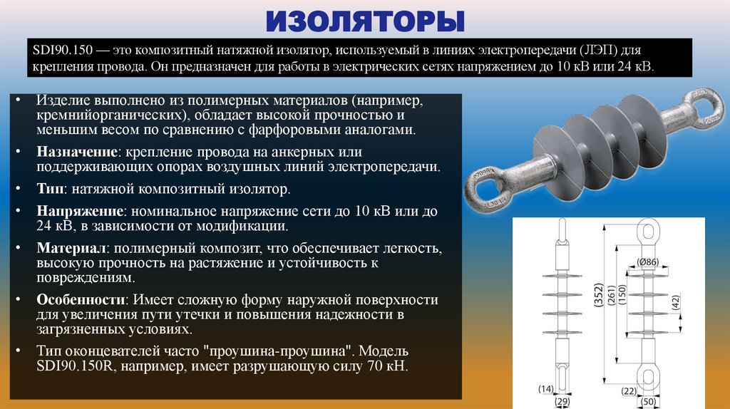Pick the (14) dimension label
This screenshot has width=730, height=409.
(x=545, y=388)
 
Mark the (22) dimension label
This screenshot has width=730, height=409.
(x=629, y=390)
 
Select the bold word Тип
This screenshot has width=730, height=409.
(x=49, y=190)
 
